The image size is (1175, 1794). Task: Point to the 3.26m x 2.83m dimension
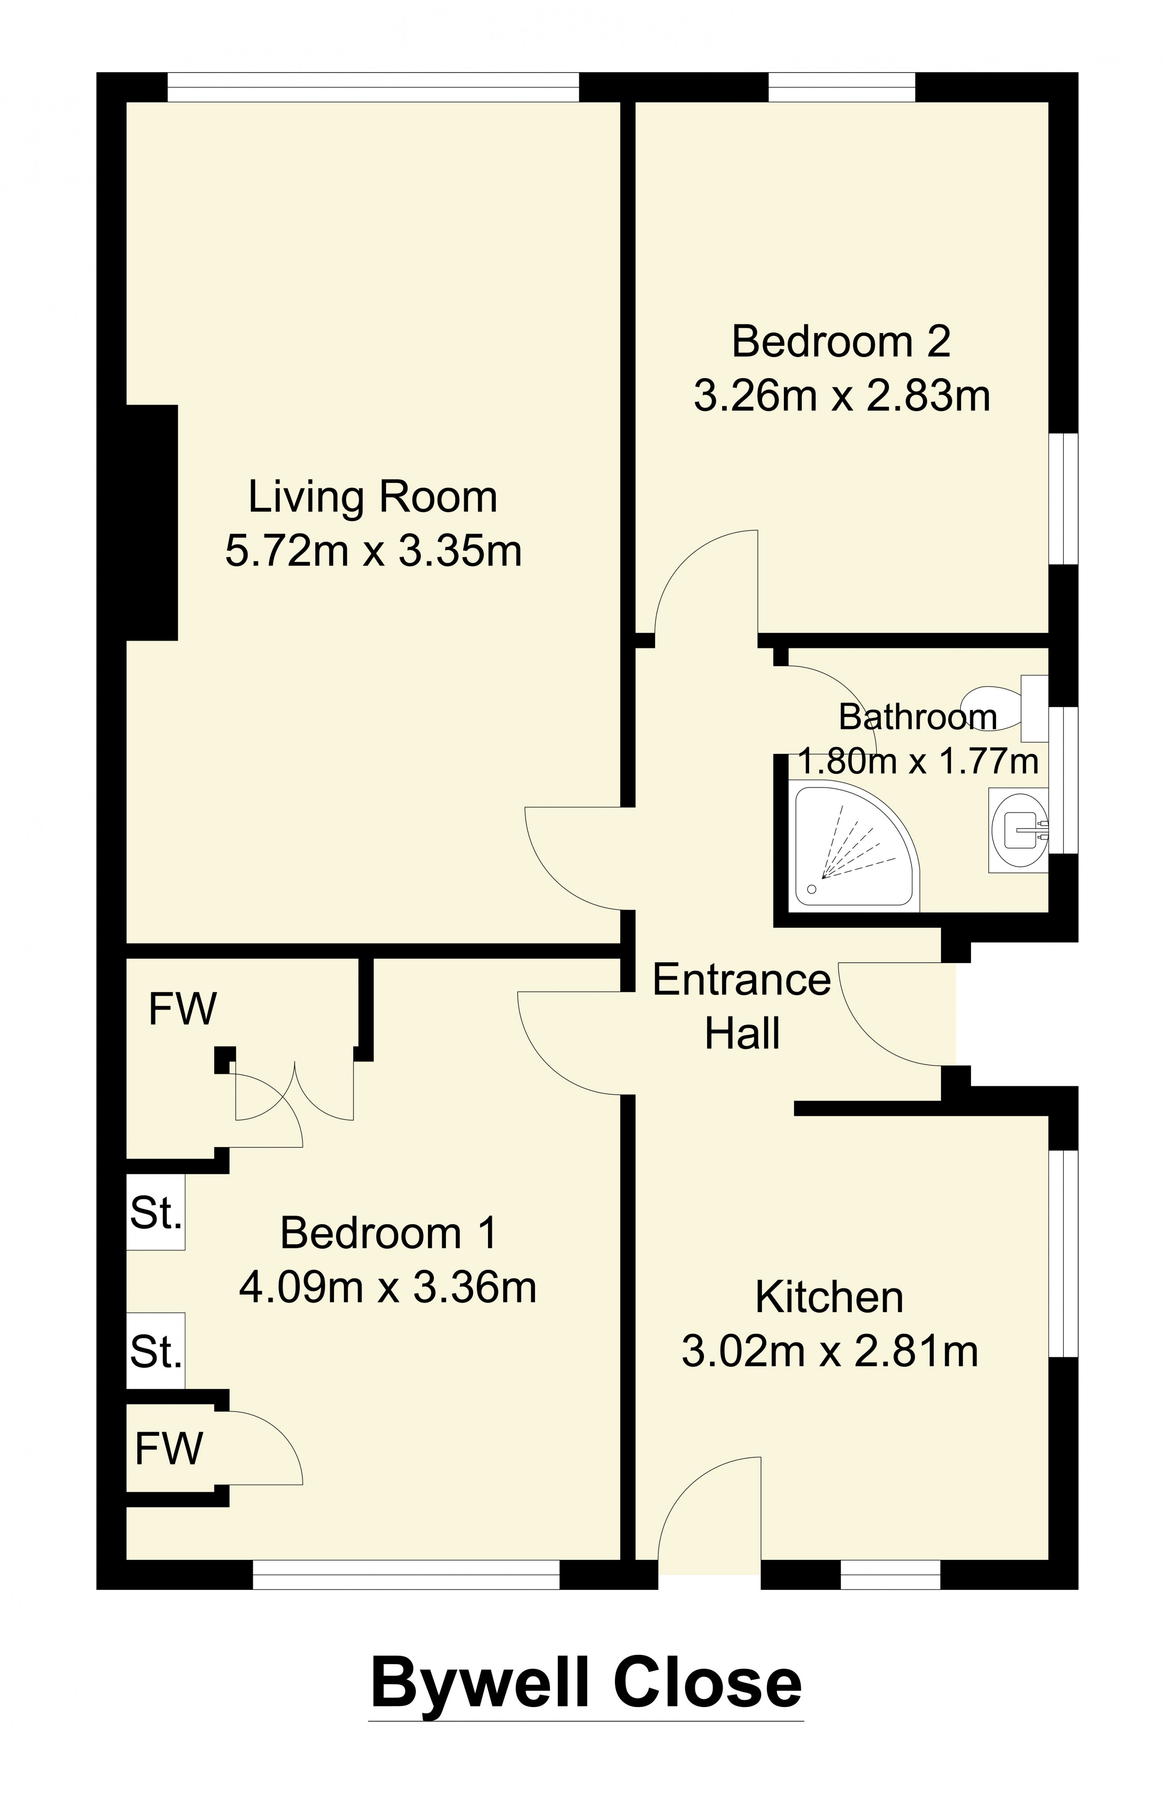841,396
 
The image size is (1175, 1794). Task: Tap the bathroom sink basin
1019,830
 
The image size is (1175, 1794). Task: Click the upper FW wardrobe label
182,1009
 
